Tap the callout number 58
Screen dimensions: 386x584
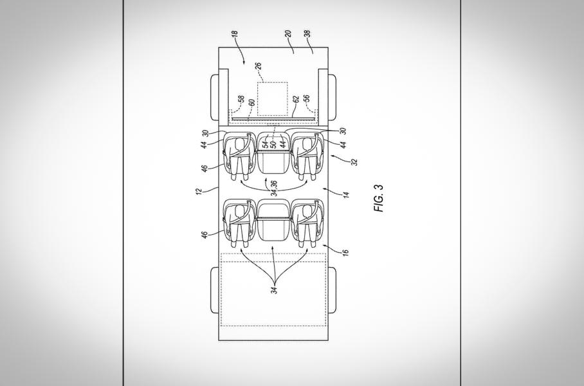click(x=241, y=101)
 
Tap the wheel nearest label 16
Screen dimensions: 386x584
click(x=334, y=289)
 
